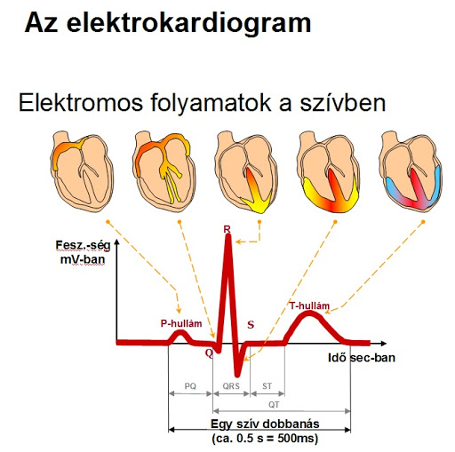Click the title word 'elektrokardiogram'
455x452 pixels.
189,23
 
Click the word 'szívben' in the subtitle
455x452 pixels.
343,102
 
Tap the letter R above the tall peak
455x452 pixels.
227,229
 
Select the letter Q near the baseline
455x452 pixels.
209,353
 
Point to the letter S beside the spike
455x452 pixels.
251,325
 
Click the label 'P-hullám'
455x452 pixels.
181,323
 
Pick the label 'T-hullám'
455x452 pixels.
309,305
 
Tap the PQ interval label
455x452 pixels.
190,386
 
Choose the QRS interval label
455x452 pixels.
231,386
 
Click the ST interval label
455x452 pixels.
267,386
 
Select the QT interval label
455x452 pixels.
274,404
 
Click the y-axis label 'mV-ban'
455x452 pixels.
83,259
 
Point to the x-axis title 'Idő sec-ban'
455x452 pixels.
362,358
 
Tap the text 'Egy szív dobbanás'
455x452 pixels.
265,424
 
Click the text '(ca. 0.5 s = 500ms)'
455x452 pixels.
265,438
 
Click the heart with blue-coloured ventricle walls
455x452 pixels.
411,171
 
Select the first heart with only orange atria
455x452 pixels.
82,171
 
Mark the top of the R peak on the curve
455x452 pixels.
227,236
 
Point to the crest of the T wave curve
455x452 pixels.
309,313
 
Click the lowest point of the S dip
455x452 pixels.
236,376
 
